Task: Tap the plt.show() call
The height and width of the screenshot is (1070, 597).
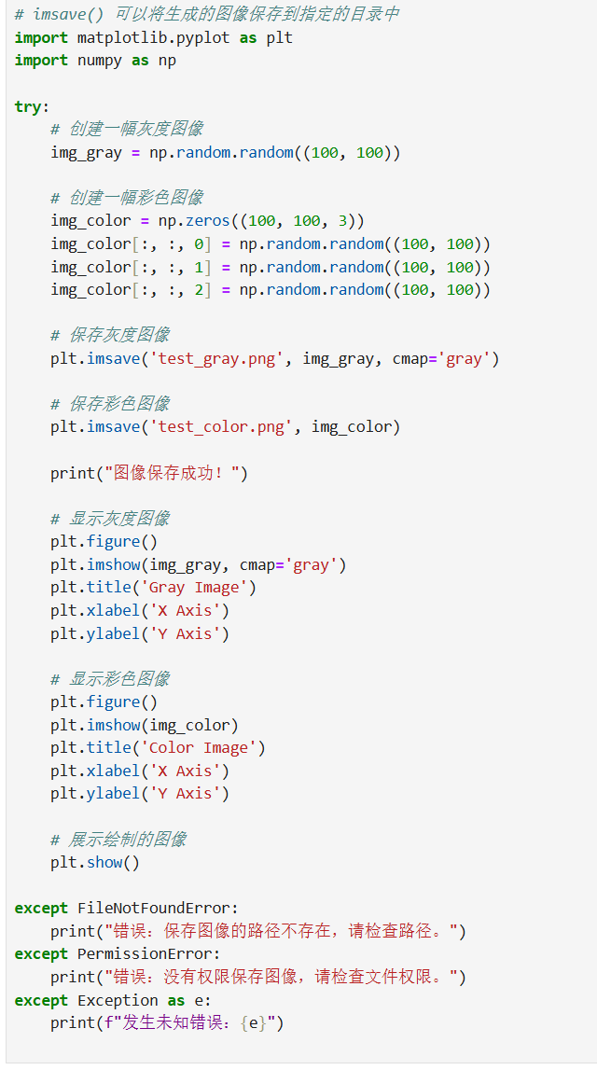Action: (x=94, y=862)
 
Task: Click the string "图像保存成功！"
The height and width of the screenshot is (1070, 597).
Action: (x=175, y=473)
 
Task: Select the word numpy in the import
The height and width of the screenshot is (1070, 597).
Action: (x=100, y=61)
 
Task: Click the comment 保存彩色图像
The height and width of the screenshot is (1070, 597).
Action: (x=110, y=404)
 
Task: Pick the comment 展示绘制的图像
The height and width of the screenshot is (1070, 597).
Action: (x=118, y=840)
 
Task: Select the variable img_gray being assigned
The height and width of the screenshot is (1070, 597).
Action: (x=86, y=152)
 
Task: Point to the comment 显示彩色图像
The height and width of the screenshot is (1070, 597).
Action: (x=110, y=678)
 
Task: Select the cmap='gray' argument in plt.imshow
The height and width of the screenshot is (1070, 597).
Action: (x=292, y=564)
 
